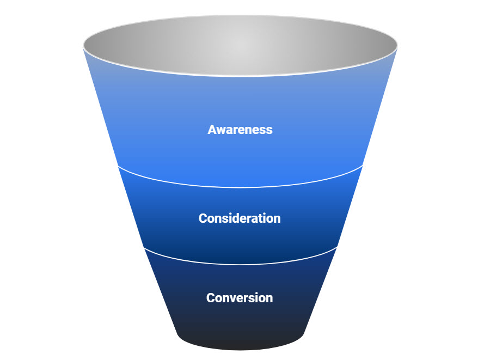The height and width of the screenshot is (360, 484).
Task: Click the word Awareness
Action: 240,130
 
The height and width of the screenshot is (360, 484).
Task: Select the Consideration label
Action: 240,218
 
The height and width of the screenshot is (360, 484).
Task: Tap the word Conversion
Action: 240,298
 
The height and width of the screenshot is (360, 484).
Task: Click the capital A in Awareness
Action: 212,130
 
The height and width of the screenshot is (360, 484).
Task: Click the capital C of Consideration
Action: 203,218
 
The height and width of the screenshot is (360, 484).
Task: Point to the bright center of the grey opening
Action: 240,46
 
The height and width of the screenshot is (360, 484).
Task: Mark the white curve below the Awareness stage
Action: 240,187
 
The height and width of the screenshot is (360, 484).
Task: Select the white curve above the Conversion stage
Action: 240,264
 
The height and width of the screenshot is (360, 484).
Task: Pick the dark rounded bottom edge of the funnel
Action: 240,349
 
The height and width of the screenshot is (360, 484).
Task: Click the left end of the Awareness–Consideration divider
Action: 119,167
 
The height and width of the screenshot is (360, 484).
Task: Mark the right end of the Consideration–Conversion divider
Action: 337,248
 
